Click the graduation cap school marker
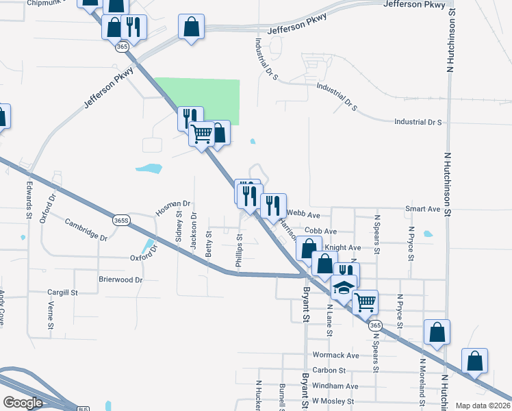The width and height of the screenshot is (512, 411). point(344,288)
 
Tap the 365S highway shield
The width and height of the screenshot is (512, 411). point(121,221)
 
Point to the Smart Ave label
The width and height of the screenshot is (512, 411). point(423,209)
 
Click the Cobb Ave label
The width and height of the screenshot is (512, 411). point(321,232)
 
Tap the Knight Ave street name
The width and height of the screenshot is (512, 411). point(343,247)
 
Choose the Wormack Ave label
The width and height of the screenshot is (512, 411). point(335,356)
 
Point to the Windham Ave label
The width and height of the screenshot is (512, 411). point(335,386)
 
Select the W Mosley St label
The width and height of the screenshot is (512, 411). point(333,401)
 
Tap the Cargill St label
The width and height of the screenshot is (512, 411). point(63,292)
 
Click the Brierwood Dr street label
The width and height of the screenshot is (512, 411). point(120,279)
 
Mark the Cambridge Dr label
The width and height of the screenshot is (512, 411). point(86,229)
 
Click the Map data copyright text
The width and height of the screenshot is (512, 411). point(483,406)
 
